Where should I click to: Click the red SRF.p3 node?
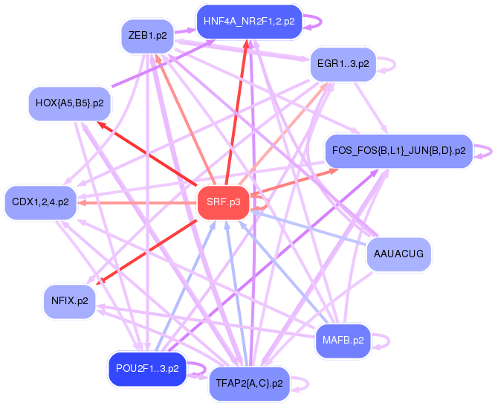point(223,202)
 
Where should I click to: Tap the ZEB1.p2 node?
point(147,36)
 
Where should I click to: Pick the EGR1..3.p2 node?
point(343,64)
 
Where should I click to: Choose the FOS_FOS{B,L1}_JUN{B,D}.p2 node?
point(398,151)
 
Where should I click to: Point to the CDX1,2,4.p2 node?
point(41,202)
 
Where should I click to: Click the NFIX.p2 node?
point(70,301)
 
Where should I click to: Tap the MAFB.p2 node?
point(343,341)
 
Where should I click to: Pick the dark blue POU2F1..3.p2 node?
point(147,369)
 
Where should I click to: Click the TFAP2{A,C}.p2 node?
point(249,384)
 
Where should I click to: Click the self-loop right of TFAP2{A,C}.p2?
point(305,384)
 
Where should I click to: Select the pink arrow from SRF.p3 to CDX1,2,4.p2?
point(134,202)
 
